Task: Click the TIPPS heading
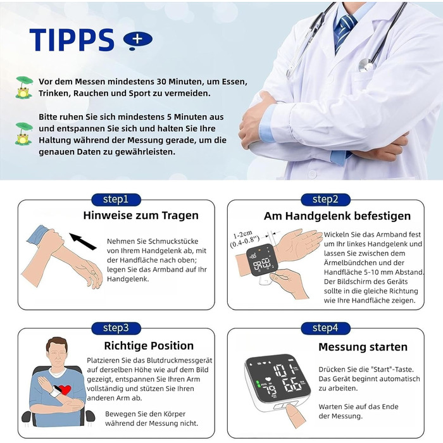click(x=72, y=40)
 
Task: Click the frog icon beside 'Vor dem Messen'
click(x=24, y=87)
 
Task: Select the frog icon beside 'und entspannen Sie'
click(x=24, y=134)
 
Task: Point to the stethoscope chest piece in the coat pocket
click(x=366, y=65)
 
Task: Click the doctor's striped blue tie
click(x=344, y=32)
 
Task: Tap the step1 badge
click(x=116, y=199)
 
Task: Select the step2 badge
click(x=325, y=199)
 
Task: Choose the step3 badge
click(x=116, y=328)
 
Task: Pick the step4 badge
click(x=325, y=328)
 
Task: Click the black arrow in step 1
click(x=82, y=241)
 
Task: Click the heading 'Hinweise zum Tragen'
click(x=140, y=215)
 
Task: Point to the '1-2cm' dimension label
click(x=242, y=235)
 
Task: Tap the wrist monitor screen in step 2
click(x=261, y=260)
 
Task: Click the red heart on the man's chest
click(x=65, y=390)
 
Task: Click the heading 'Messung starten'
click(x=363, y=347)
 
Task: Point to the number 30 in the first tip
click(x=161, y=82)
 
